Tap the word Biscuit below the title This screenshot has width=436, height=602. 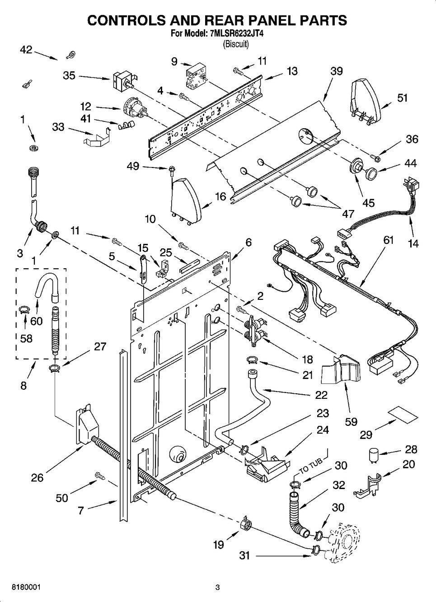click(236, 44)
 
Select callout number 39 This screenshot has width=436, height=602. click(336, 71)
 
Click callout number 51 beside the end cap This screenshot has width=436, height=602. click(402, 98)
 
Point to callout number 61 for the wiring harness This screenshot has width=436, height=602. click(389, 240)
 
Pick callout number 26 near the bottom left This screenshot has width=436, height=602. click(38, 477)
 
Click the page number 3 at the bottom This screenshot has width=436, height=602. click(217, 587)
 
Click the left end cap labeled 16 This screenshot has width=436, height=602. click(187, 199)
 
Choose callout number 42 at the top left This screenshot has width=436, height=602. click(26, 50)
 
